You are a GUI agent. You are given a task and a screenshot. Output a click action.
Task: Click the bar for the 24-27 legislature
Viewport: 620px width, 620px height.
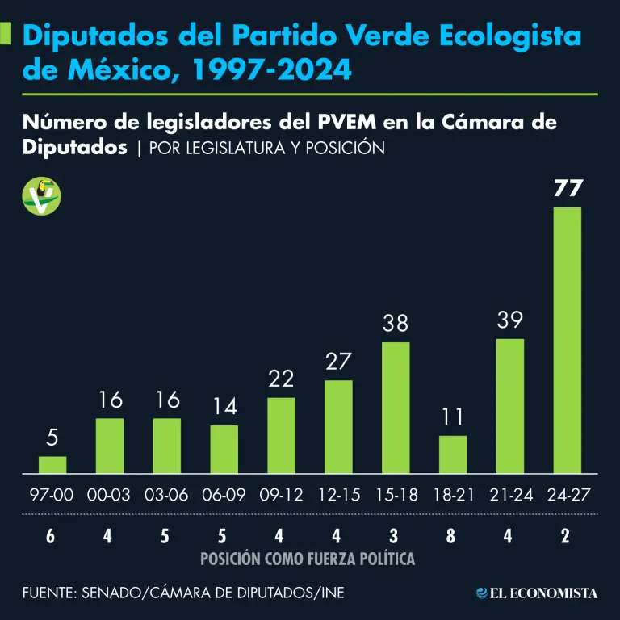568,340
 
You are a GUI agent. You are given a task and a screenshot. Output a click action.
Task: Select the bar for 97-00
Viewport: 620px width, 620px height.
52,464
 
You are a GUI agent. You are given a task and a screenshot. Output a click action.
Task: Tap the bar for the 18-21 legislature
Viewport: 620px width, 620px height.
453,455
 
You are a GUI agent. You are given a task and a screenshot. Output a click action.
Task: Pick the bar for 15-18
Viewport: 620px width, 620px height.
396,408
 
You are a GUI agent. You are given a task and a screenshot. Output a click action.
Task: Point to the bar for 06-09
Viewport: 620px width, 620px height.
224,449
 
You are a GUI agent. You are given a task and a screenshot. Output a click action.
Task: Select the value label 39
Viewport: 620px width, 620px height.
510,320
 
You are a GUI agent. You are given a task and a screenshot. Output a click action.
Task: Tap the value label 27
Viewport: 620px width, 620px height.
338,362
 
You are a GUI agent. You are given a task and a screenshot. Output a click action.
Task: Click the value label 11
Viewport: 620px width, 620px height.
453,418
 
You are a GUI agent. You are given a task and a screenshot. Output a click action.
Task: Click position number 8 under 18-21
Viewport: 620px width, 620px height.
453,535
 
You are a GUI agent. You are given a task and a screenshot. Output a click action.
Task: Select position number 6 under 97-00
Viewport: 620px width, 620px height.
52,535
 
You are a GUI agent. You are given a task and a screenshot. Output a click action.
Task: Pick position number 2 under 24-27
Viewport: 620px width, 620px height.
568,535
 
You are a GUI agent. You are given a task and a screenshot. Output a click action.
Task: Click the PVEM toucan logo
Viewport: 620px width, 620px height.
42,195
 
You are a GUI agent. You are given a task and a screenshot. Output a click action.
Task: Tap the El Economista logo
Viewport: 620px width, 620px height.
537,593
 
